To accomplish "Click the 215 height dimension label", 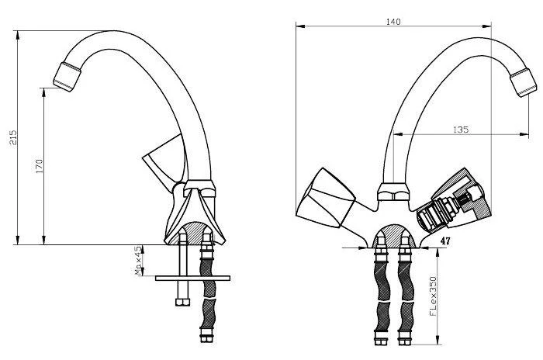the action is pos(13,137).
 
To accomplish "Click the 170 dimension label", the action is pos(39,166).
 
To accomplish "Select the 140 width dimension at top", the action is pos(393,22).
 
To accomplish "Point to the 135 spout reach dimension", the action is pos(461,130).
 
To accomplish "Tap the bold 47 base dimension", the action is pos(445,241).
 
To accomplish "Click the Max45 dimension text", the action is pos(139,261).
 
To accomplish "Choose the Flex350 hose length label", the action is pos(433,296).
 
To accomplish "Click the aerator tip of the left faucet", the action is pos(67,77).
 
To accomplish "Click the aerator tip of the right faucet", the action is pos(524,83).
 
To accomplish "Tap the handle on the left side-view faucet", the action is pos(164,159).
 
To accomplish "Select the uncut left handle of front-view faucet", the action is pos(325,199).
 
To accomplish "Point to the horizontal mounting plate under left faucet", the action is pos(192,278).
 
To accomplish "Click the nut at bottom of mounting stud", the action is pos(182,302).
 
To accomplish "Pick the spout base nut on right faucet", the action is pos(393,192).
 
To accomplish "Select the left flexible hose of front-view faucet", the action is pos(382,296).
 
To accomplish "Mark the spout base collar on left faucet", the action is pos(199,189).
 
